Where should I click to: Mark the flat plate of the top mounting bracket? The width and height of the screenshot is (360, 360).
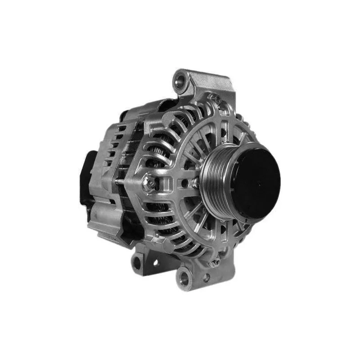(211, 83)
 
